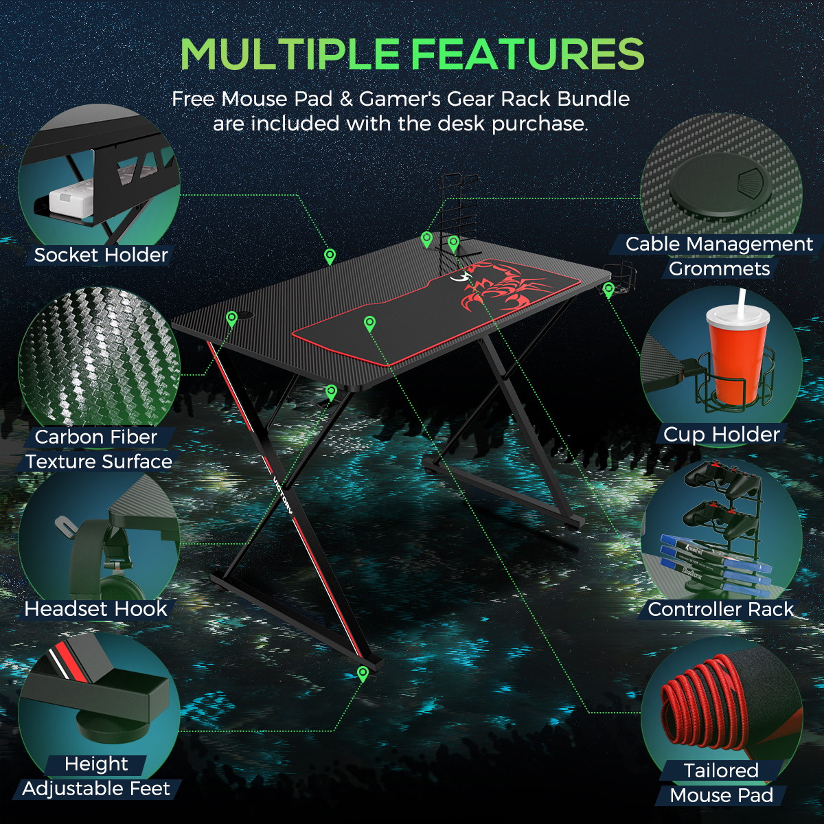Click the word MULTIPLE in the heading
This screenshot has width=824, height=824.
[290, 54]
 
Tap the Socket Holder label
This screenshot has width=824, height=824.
[101, 255]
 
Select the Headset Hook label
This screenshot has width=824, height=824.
[95, 609]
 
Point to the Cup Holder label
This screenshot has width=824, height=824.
[722, 435]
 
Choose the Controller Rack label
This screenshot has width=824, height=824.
[721, 609]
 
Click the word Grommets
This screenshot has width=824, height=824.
[719, 269]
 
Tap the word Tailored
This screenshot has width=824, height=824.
[722, 770]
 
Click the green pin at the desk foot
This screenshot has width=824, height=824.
[363, 674]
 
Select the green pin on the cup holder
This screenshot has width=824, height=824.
[608, 290]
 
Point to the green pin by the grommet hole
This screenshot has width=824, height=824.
[231, 319]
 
